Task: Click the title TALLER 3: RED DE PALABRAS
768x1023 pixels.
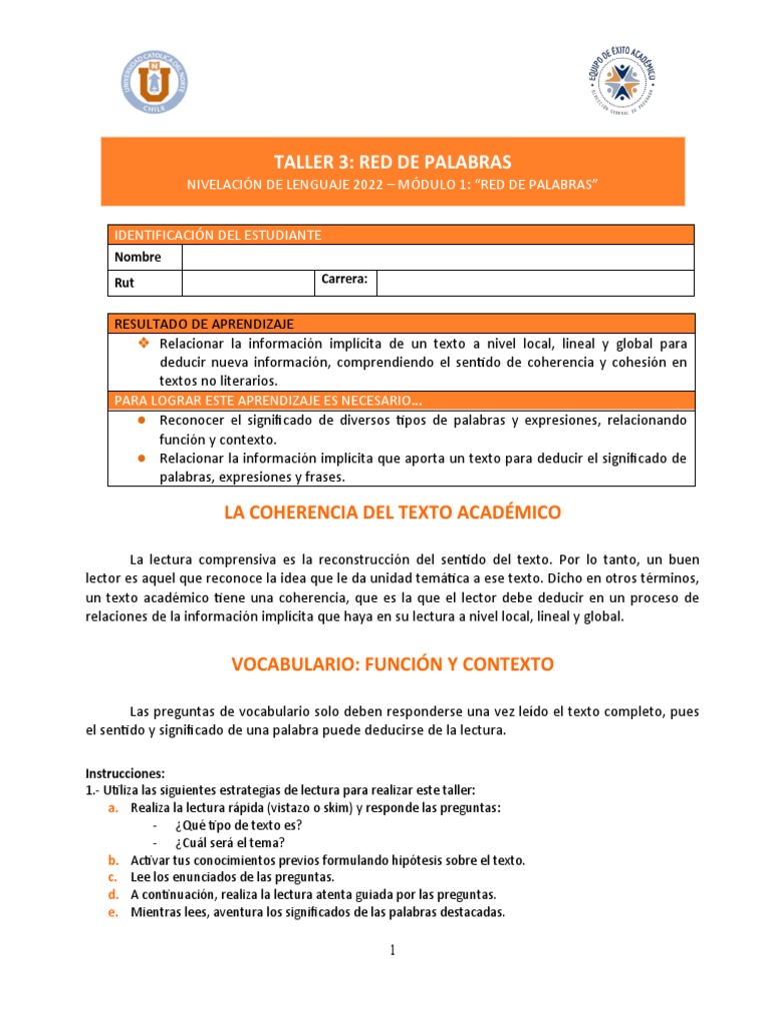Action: [393, 162]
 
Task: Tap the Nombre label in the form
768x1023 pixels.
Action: [137, 258]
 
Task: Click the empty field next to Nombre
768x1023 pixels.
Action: [437, 258]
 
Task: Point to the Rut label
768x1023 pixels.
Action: [124, 283]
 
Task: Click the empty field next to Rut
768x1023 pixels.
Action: [248, 283]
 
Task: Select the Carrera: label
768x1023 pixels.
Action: [345, 280]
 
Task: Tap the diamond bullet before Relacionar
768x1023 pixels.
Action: [142, 343]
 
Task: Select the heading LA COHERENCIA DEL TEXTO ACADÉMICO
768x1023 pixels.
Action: [393, 512]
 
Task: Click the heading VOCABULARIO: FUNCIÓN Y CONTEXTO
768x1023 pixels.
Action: [393, 663]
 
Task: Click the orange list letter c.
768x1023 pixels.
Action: [114, 877]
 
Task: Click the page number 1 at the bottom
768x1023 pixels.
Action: [394, 951]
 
